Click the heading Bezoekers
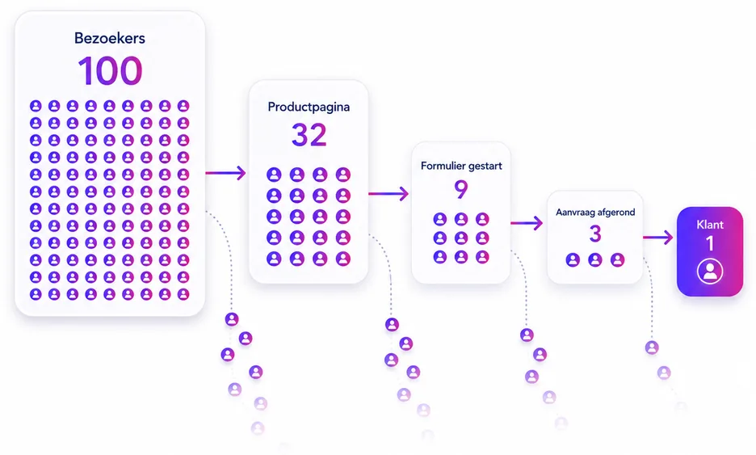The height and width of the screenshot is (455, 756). coord(110,38)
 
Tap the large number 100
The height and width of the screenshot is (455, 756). coord(110,71)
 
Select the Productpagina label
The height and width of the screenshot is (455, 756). coord(309,107)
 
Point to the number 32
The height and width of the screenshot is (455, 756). coord(309,135)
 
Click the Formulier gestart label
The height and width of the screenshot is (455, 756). coord(461,166)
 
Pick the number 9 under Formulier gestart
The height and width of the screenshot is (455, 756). coord(461,189)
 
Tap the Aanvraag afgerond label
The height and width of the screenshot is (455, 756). coord(595,213)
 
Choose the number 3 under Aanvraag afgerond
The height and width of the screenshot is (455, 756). coord(595,234)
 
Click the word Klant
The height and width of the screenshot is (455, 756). coord(710,225)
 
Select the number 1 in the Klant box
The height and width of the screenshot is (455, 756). coord(710,243)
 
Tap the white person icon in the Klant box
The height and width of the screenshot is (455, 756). coord(710,272)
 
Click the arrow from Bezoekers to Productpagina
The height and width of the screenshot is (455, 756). coord(225,173)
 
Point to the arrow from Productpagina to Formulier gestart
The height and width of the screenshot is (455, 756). coord(388,194)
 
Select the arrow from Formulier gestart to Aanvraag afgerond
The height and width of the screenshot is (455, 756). coord(527,223)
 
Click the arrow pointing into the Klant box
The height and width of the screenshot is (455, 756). coord(657,238)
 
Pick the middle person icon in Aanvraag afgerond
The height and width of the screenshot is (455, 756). coord(595,260)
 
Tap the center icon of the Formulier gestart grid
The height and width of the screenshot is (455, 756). coord(461,238)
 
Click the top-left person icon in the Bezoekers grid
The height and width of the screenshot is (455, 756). coord(36,106)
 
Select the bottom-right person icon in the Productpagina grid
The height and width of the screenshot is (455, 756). coord(343,259)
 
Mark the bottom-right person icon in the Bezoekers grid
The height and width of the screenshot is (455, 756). coord(183,294)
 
